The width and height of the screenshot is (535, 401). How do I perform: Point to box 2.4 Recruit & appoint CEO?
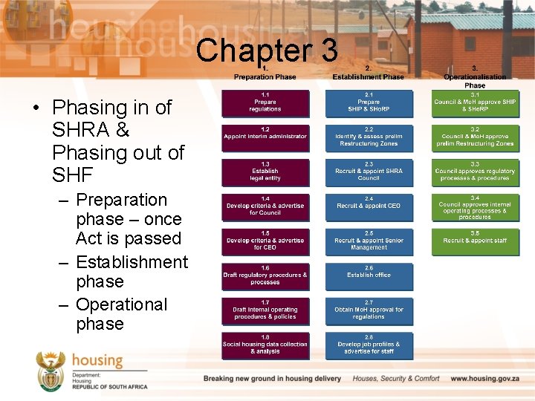pos(369,207)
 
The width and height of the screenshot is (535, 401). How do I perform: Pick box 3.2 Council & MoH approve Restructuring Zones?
pos(475,138)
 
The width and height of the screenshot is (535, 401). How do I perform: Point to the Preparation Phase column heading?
pos(265,76)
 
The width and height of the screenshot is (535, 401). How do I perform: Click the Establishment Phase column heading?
pos(369,76)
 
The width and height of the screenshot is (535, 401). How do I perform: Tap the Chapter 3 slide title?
pos(267,50)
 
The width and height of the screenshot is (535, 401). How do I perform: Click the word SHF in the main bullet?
pos(74,175)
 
